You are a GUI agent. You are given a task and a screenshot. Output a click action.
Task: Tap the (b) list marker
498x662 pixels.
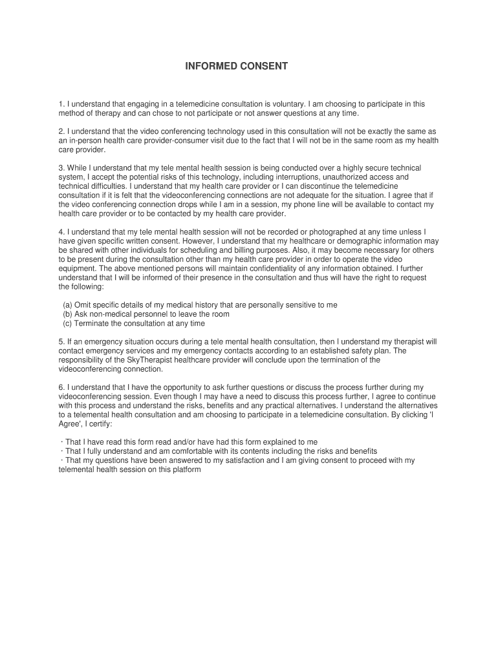coord(67,314)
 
